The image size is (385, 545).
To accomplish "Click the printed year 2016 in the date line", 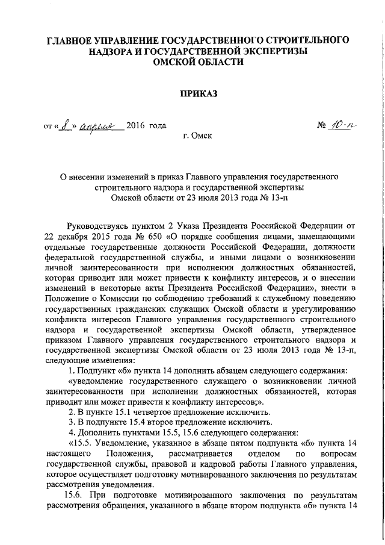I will pos(137,126).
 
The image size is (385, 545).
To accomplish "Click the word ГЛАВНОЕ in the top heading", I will pos(75,40).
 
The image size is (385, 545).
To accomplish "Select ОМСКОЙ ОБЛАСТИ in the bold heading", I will pos(199,61).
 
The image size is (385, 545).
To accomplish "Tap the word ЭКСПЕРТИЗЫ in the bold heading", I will pos(272,51).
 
